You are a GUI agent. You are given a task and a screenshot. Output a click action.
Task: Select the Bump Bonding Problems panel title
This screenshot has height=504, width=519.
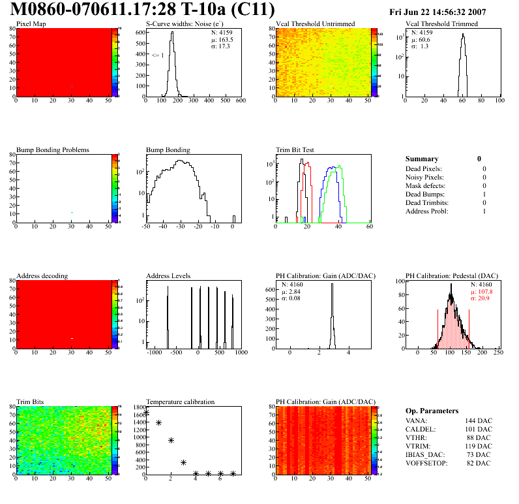click(x=53, y=150)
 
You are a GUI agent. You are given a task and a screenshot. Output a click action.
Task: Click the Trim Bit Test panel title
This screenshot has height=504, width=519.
click(x=295, y=150)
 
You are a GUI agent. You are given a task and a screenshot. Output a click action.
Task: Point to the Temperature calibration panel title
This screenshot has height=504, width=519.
click(x=180, y=402)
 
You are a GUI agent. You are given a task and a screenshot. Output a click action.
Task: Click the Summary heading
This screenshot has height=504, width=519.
click(x=422, y=159)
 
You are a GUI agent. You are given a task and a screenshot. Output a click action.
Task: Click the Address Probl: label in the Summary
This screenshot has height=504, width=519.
click(x=426, y=211)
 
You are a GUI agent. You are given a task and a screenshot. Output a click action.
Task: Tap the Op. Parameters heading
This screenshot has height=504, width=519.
click(x=432, y=411)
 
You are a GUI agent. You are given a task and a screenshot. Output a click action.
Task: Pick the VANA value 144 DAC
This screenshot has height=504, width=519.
click(x=479, y=421)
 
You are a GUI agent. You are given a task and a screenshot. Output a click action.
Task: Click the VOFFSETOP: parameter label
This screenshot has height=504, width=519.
click(x=427, y=464)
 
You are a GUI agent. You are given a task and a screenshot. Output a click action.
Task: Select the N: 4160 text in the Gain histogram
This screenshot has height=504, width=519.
click(x=292, y=285)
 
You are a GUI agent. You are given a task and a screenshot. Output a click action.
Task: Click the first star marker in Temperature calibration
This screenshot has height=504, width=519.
click(x=146, y=413)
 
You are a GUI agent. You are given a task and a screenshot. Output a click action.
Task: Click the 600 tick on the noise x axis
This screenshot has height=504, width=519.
click(x=240, y=101)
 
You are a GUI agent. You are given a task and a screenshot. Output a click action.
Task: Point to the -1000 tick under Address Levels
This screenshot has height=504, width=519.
click(x=155, y=353)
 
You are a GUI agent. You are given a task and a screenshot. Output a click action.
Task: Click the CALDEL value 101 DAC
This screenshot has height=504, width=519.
click(x=479, y=430)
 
